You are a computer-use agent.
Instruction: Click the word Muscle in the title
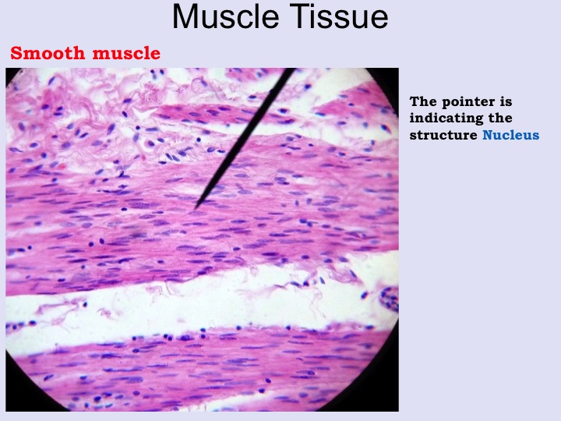click(225, 16)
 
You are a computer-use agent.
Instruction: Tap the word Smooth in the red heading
click(48, 53)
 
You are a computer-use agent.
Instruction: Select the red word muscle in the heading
click(126, 53)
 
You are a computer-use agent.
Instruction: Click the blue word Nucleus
click(510, 135)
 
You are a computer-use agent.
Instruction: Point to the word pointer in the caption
click(464, 102)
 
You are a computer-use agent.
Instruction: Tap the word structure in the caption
click(443, 135)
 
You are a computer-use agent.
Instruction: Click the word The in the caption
click(424, 101)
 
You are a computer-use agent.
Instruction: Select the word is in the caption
click(506, 101)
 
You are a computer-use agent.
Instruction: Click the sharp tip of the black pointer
click(196, 209)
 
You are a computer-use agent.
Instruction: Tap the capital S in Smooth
click(16, 53)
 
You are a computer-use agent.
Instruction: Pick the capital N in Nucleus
click(488, 135)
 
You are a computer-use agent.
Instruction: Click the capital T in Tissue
click(297, 16)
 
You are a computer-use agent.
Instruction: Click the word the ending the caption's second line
click(499, 118)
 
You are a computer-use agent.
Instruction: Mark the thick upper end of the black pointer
click(291, 70)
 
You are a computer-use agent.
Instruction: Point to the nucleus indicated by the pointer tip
click(196, 214)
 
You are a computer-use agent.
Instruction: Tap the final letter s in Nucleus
click(535, 136)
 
